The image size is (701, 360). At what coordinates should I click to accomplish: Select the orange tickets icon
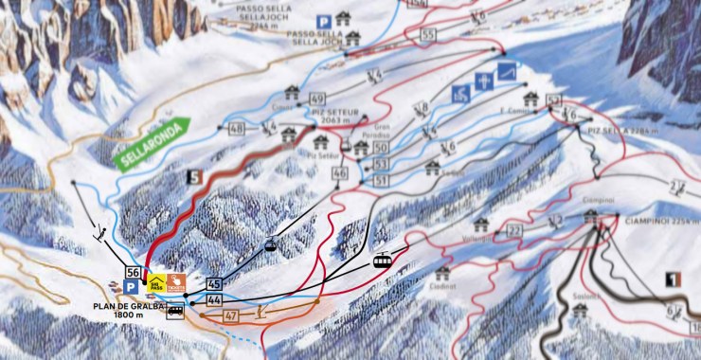pyautogui.click(x=177, y=281)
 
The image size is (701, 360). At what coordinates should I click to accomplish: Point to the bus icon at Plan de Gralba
pyautogui.click(x=175, y=310)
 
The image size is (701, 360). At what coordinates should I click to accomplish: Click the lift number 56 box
pyautogui.click(x=133, y=273)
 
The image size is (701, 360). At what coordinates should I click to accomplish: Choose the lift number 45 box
pyautogui.click(x=213, y=284)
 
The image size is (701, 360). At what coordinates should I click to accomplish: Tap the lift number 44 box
pyautogui.click(x=213, y=299)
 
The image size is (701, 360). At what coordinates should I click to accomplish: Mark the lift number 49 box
pyautogui.click(x=316, y=99)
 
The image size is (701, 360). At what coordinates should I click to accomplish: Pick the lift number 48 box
pyautogui.click(x=236, y=128)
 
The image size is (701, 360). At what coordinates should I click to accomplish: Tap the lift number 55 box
pyautogui.click(x=428, y=35)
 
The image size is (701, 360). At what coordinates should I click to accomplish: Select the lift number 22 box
pyautogui.click(x=514, y=231)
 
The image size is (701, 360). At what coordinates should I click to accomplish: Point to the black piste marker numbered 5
pyautogui.click(x=195, y=175)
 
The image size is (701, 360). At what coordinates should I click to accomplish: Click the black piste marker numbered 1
pyautogui.click(x=674, y=279)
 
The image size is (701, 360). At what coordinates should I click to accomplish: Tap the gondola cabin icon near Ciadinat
pyautogui.click(x=382, y=260)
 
